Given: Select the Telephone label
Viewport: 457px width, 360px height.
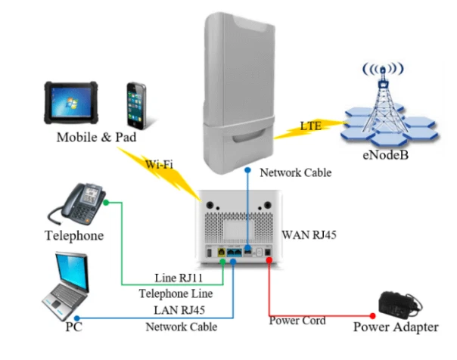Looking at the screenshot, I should (x=73, y=235).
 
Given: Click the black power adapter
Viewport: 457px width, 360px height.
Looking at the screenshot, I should (x=396, y=304).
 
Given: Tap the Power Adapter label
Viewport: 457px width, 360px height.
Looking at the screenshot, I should (x=395, y=327).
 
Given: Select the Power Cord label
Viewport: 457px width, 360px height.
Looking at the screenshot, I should (x=297, y=321).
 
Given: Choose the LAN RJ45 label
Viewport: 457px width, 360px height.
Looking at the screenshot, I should (x=181, y=310).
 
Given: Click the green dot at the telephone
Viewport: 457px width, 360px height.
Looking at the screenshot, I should (x=106, y=202).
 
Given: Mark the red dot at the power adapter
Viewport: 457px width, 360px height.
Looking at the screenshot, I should (x=372, y=315).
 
